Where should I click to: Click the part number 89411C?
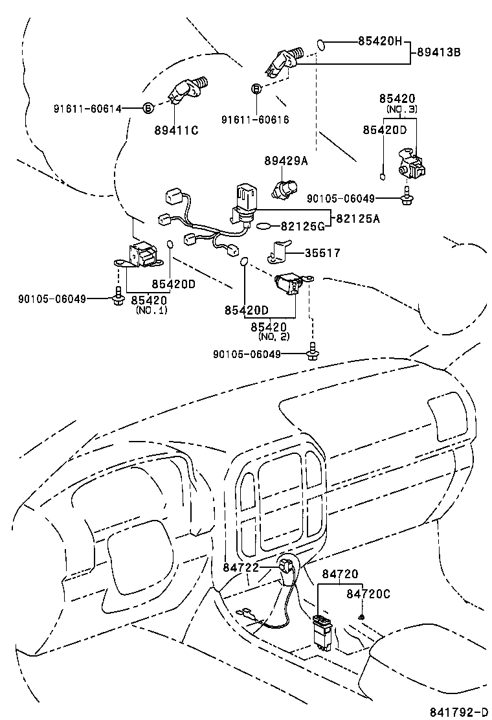(176, 131)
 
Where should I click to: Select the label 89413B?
(438, 52)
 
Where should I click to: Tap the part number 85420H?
(380, 41)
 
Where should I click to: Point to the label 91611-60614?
(87, 109)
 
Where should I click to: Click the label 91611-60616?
(255, 120)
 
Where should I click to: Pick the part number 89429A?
(285, 161)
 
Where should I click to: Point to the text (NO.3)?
(401, 109)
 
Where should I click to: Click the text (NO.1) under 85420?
(151, 311)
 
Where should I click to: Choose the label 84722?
(241, 568)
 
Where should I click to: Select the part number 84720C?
(368, 593)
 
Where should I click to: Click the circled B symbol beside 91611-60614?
(148, 109)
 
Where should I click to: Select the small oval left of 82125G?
(265, 227)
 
